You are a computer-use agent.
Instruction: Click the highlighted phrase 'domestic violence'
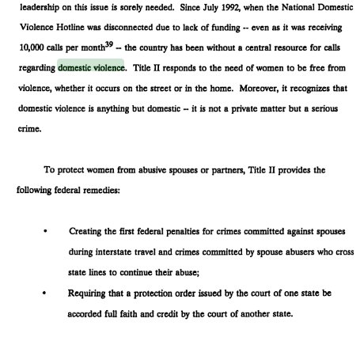[x=91, y=67]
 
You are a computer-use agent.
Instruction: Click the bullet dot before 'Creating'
[x=45, y=232]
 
